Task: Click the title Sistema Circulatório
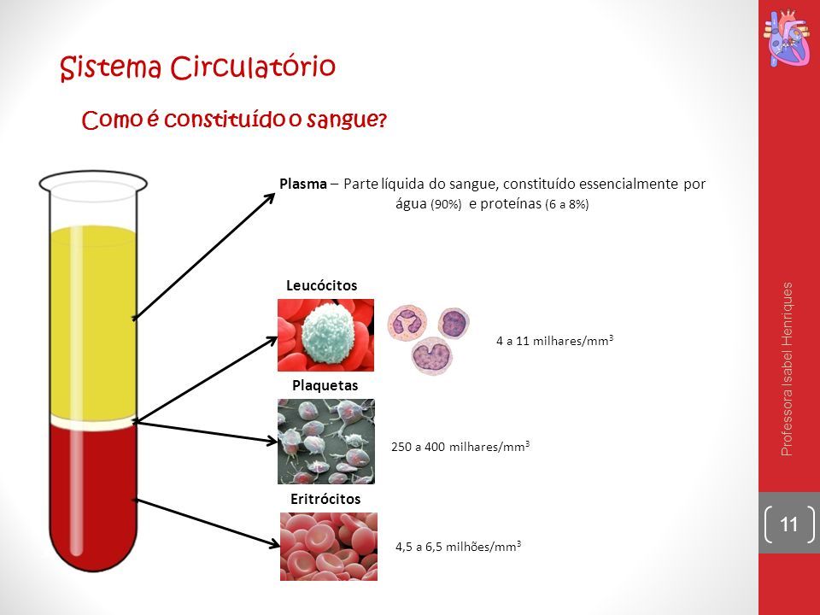(197, 67)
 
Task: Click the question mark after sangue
(382, 120)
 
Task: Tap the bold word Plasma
(302, 184)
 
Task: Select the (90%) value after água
(446, 204)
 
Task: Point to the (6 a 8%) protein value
(567, 204)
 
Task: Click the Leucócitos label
(322, 285)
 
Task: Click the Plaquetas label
(325, 385)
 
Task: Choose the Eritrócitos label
(325, 499)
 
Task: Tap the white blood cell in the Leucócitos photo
(328, 333)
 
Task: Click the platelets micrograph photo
(326, 442)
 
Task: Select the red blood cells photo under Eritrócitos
(328, 547)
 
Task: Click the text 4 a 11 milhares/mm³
(554, 341)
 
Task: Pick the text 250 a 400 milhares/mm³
(460, 446)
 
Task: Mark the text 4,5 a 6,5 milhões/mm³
(458, 547)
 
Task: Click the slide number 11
(788, 524)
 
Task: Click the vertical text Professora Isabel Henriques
(787, 369)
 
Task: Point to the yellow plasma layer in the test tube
(94, 322)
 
